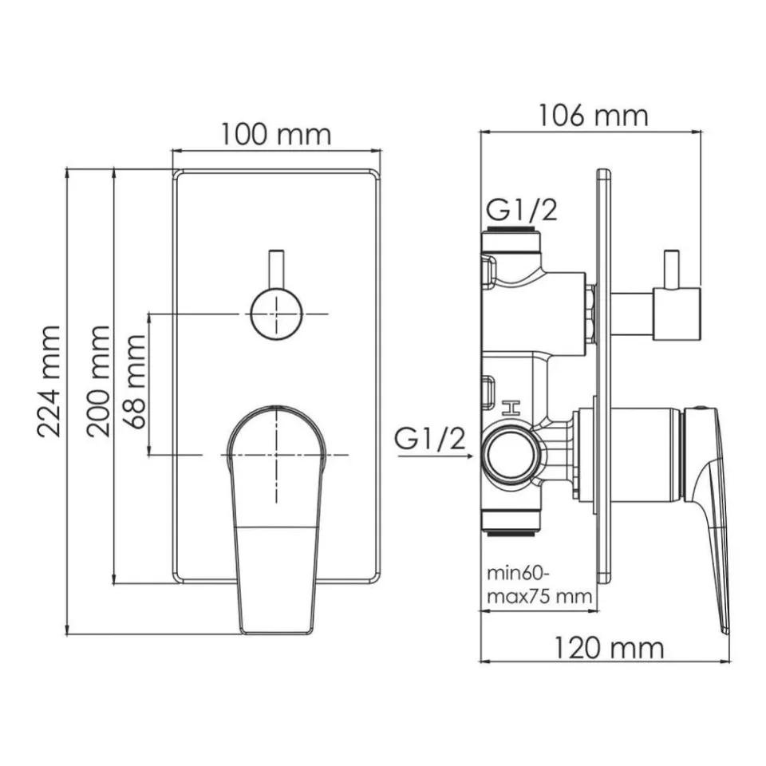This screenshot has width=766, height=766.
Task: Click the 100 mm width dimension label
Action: pos(276,135)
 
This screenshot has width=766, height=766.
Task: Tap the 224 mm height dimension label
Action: pos(49,381)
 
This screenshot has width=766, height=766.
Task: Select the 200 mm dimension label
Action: pos(98,381)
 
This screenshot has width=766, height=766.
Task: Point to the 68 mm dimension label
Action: pos(134,381)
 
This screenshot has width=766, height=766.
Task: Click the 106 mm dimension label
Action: pos(593,116)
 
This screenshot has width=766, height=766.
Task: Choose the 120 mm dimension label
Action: pos(609,648)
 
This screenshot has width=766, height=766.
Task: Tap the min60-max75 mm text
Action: pos(539,584)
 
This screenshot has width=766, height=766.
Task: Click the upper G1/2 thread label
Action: pos(522,211)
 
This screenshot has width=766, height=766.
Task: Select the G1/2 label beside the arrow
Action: pos(430,438)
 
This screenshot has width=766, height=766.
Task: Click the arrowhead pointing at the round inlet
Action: pos(469,456)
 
